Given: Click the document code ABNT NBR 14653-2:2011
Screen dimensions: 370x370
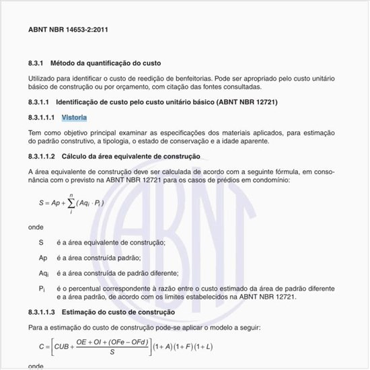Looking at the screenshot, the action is [x=69, y=30].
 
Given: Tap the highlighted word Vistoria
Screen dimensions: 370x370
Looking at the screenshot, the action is [x=74, y=118].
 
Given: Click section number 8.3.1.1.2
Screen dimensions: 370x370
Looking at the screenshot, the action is [x=42, y=156].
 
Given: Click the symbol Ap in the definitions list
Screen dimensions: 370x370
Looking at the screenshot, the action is [x=43, y=258].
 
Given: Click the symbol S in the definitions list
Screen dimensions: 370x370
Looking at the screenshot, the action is [x=41, y=242].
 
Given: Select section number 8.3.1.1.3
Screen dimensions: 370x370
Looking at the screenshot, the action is [x=42, y=313].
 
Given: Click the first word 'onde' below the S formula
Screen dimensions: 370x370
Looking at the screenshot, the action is [x=36, y=227].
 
